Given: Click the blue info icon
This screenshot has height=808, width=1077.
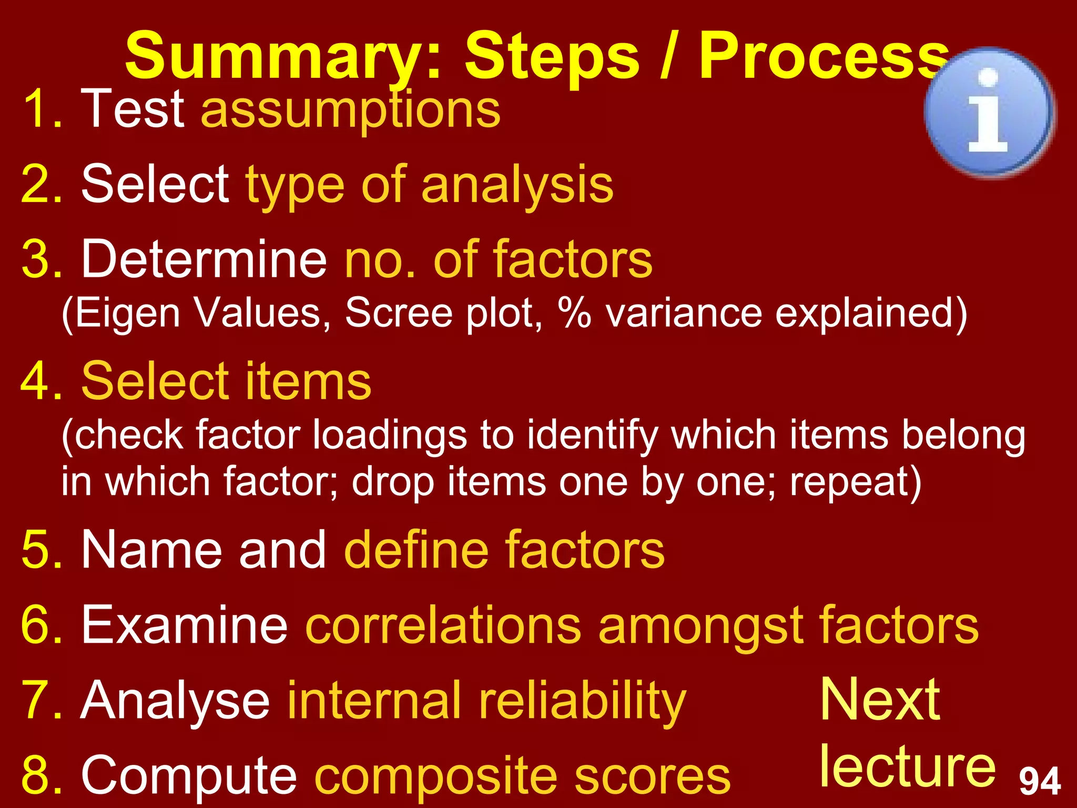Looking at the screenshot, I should (989, 112).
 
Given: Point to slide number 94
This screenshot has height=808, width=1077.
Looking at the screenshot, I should (1040, 782).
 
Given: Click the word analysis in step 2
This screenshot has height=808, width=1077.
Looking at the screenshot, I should (517, 185).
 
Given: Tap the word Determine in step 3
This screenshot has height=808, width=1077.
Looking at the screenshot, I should (205, 259).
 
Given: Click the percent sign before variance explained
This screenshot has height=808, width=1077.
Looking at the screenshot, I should (575, 313).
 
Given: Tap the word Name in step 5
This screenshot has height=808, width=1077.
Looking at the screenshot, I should (153, 550).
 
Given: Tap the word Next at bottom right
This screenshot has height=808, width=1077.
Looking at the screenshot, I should (880, 700).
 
